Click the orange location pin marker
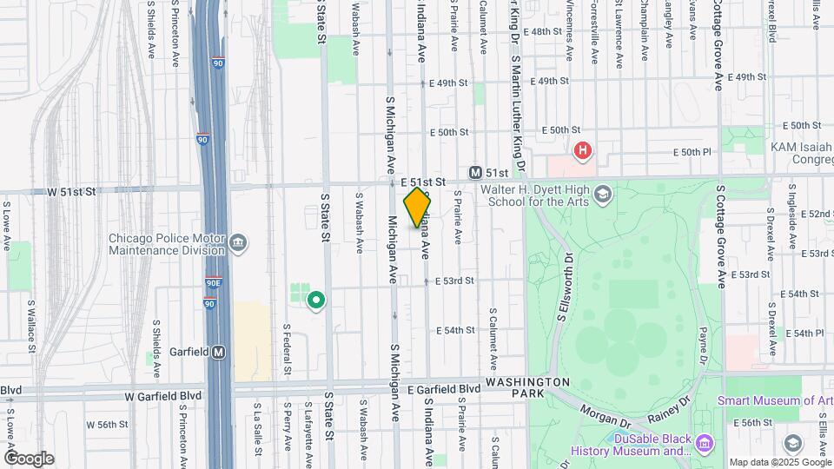417,207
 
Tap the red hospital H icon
583,151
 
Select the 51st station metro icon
475,173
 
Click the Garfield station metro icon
219,353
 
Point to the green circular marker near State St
317,301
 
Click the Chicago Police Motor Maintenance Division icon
238,241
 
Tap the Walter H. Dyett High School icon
603,195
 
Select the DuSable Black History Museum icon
705,445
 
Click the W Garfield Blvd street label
162,395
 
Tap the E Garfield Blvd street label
443,389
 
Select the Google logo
29,458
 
